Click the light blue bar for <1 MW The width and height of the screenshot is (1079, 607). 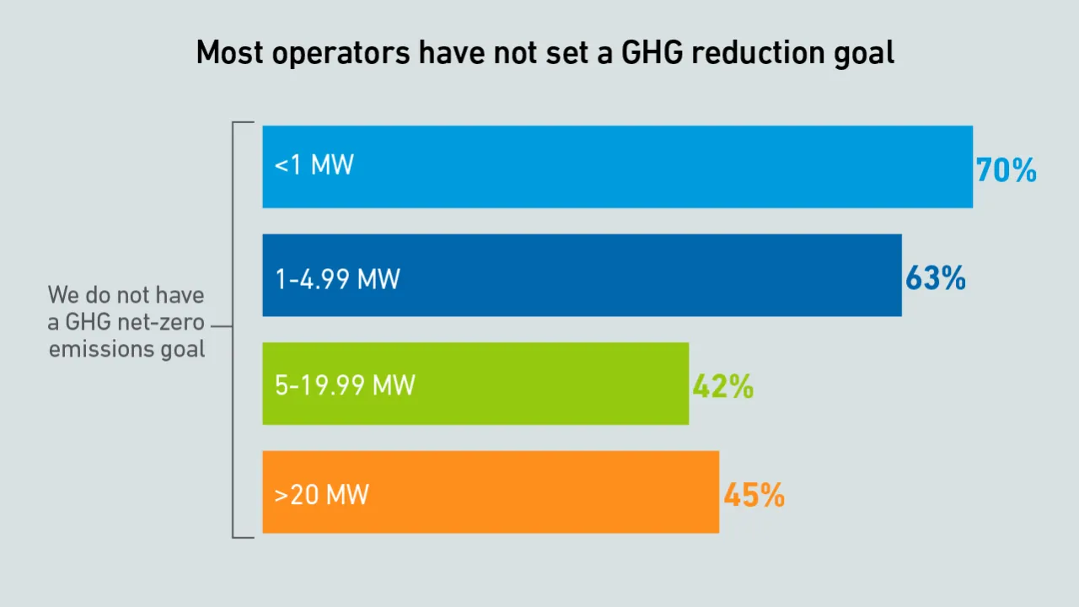click(618, 167)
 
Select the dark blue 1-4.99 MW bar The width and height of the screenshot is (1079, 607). click(582, 275)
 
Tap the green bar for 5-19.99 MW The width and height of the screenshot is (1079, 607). click(475, 384)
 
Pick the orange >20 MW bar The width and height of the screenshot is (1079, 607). click(491, 492)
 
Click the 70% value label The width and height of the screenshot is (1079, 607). click(1007, 170)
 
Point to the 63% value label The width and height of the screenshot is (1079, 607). click(936, 278)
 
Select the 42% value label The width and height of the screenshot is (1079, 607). click(723, 386)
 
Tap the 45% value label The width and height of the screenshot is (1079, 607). click(754, 495)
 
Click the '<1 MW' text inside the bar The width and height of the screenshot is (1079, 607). click(314, 164)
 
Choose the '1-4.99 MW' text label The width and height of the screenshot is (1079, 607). click(337, 279)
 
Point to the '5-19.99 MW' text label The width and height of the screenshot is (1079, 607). click(345, 385)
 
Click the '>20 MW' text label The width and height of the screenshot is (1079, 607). click(321, 494)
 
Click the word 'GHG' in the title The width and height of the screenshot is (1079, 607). click(652, 52)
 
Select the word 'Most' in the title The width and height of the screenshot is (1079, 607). click(230, 52)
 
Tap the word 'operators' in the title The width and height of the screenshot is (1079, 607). click(341, 54)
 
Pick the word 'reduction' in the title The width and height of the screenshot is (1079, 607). click(759, 52)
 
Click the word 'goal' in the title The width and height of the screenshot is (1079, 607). click(864, 53)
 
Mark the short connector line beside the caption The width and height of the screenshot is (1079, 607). click(222, 326)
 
